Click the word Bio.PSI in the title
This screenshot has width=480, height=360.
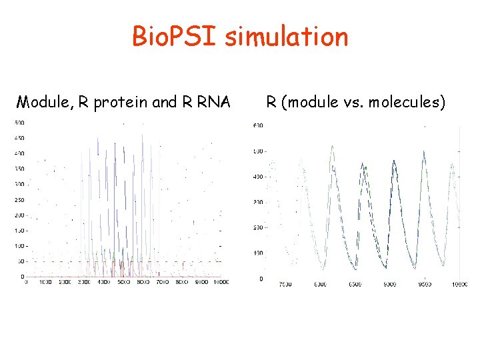click(175, 37)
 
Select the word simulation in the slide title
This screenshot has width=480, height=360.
click(286, 37)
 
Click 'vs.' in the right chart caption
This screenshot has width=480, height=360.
click(348, 103)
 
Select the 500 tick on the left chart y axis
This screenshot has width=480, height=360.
click(19, 123)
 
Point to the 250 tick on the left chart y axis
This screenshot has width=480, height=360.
click(19, 199)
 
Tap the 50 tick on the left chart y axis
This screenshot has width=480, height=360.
click(21, 261)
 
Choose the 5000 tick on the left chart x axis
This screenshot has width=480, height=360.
click(124, 283)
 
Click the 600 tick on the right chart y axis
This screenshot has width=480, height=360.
click(257, 125)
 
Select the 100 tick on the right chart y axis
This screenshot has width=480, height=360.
click(257, 253)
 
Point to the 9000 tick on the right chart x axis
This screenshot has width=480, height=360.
click(389, 285)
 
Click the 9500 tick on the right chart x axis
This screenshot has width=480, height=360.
click(425, 285)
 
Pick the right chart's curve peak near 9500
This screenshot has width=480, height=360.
click(425, 151)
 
